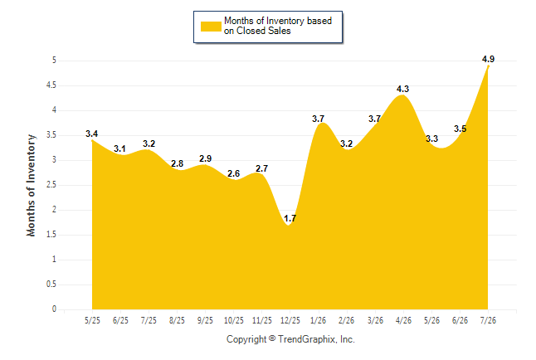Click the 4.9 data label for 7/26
pos(488,59)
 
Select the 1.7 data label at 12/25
pos(290,218)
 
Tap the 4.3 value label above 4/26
pos(402,89)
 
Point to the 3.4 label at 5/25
pos(91,134)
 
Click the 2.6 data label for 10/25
pos(233,173)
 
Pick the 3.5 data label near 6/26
pos(460,129)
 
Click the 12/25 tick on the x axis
pos(290,320)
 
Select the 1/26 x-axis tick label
pos(319,320)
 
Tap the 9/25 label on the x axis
pos(205,320)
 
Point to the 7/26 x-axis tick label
pos(488,320)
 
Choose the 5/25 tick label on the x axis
pos(92,320)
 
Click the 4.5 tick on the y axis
pos(51,85)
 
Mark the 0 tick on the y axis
pos(54,309)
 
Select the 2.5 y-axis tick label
pos(51,185)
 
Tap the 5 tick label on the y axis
pos(54,61)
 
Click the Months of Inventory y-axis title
pos(31,185)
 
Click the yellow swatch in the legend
pos(211,27)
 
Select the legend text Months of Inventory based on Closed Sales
pos(278,26)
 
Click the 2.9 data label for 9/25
pos(205,158)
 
